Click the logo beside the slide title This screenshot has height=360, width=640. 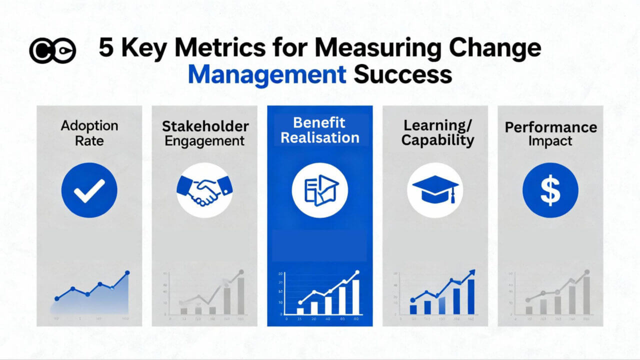52,50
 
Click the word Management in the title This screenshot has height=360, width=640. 267,74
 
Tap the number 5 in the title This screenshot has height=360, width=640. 106,48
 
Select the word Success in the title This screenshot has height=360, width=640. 403,74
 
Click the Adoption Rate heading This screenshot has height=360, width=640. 89,132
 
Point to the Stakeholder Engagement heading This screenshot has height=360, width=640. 204,133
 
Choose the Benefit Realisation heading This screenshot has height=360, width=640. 320,130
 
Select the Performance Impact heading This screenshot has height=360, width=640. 550,134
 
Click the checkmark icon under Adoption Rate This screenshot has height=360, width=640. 89,190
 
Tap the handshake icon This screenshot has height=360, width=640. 204,190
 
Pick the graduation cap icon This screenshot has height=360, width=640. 435,189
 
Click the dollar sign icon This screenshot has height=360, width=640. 550,190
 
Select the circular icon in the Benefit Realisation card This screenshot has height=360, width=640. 319,190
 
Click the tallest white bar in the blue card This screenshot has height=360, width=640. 355,296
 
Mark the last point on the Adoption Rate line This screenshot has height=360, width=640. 127,272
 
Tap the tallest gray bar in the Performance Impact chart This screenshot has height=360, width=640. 586,295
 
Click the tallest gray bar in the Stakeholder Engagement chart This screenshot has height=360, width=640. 241,295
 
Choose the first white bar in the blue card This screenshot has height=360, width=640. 300,310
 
